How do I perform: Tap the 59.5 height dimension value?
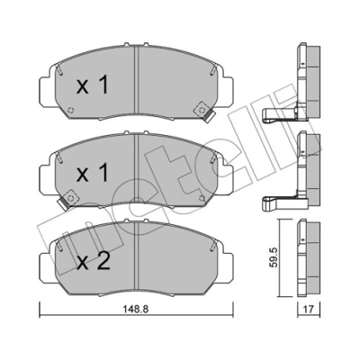pyautogui.click(x=274, y=257)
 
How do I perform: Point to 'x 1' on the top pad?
pyautogui.click(x=92, y=85)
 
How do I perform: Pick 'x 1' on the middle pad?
pyautogui.click(x=92, y=173)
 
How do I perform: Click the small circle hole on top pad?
pyautogui.click(x=71, y=110)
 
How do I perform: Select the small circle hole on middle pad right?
pyautogui.click(x=202, y=198)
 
